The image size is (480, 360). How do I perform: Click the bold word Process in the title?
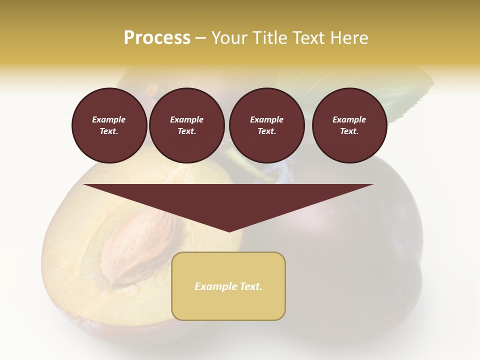[x=157, y=38]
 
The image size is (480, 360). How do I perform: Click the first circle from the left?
[x=109, y=125]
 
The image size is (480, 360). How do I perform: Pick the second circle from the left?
[x=187, y=125]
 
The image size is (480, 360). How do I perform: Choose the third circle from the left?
[x=266, y=125]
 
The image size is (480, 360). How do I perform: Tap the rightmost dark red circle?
[x=349, y=125]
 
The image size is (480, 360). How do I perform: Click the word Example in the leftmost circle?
[x=109, y=119]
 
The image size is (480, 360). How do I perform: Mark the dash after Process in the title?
[x=200, y=38]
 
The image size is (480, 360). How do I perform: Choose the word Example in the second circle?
[x=187, y=119]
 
